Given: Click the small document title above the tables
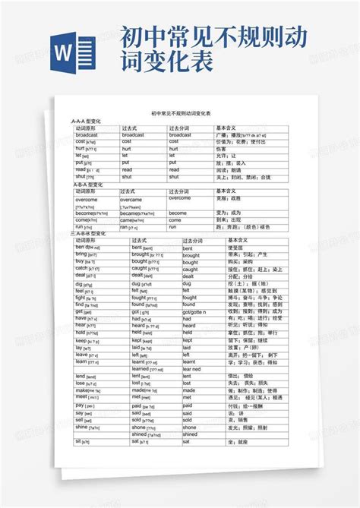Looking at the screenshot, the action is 181,112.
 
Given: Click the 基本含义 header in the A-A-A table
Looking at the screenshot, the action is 228,128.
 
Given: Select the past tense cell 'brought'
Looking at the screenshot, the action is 145,254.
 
